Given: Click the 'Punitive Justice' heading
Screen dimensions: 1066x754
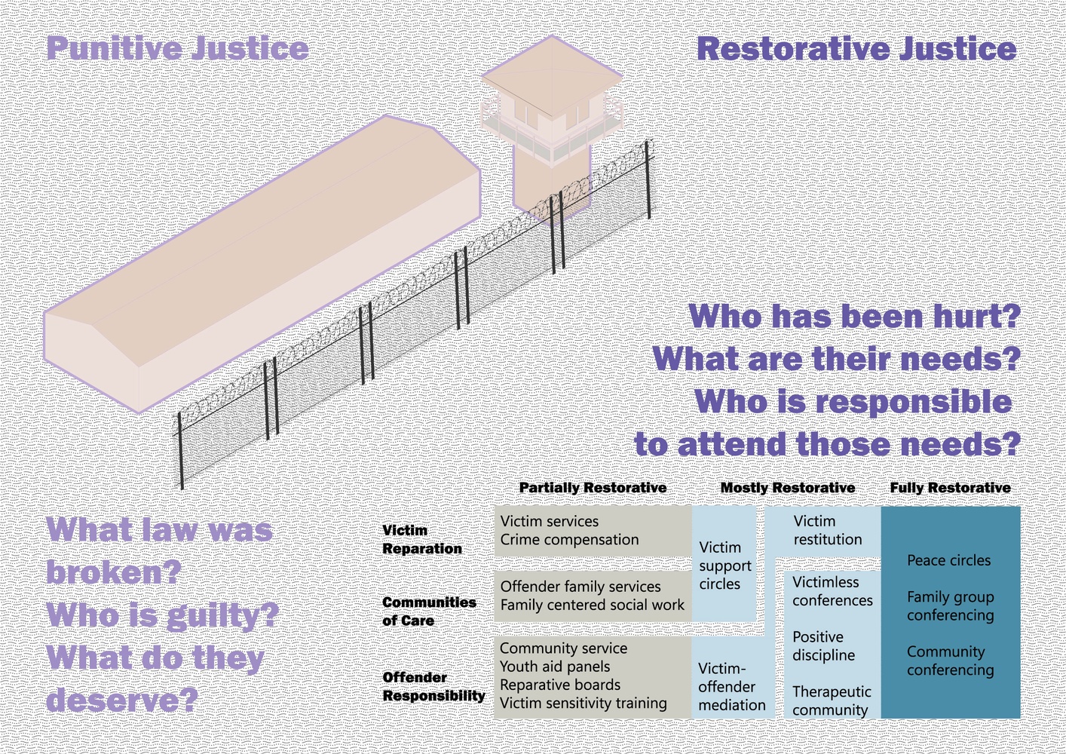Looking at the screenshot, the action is click(177, 48).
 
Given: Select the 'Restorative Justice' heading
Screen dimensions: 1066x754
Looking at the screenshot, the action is click(856, 48).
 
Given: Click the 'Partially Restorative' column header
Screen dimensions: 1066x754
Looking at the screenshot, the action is click(593, 487).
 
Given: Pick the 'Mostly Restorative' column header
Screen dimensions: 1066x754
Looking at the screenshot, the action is click(788, 487).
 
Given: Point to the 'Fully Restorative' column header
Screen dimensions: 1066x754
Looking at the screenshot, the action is click(951, 487).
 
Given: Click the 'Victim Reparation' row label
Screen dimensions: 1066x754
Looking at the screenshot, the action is click(421, 539).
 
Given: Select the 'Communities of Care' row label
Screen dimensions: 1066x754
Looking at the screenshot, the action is click(429, 611).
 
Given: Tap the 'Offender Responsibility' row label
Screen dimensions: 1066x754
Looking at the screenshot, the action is click(433, 686).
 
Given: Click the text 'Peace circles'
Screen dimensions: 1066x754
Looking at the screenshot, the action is click(948, 560).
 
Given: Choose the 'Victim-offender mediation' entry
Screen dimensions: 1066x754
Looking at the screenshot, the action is click(731, 687).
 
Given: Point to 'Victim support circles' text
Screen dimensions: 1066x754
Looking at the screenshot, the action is click(724, 565).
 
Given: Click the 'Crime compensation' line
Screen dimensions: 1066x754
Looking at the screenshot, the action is click(569, 540).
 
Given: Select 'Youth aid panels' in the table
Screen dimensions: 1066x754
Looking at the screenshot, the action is click(554, 667).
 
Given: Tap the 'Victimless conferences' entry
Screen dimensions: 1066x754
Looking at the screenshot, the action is click(832, 591).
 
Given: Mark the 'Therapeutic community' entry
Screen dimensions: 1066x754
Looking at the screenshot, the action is click(832, 700).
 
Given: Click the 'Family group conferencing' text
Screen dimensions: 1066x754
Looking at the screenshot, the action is click(951, 606).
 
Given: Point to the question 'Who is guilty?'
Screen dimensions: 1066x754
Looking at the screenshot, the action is click(162, 615).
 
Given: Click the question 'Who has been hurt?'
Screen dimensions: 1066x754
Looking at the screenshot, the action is click(855, 316).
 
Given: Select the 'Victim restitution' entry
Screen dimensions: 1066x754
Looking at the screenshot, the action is click(828, 530).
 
